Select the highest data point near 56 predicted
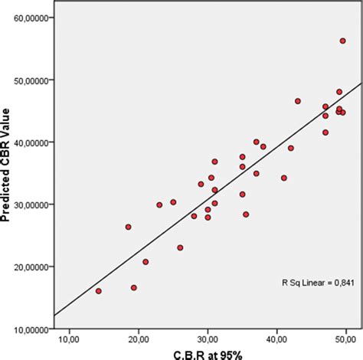[342, 41]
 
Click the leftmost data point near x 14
[98, 291]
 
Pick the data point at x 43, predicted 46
[298, 101]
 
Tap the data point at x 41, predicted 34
[284, 178]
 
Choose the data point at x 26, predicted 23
[180, 247]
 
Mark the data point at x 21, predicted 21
[146, 261]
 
